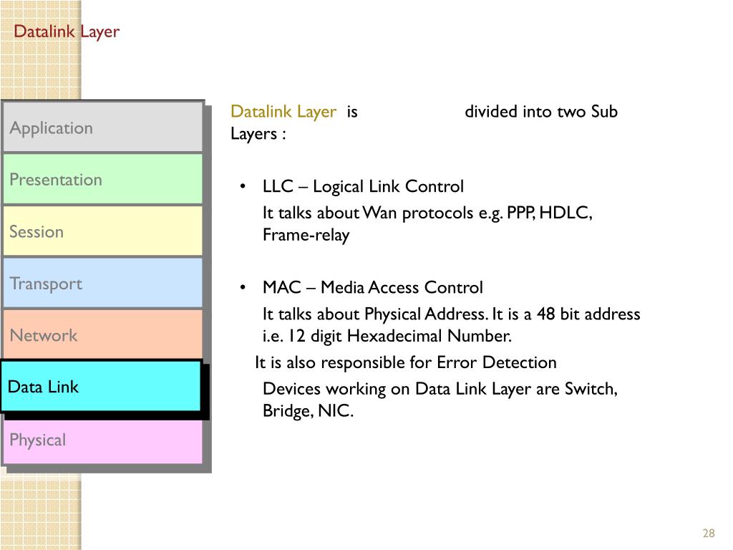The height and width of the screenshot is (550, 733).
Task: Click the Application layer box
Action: (102, 127)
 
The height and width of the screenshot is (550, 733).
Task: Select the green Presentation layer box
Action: (102, 179)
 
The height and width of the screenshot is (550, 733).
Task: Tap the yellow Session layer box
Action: (102, 231)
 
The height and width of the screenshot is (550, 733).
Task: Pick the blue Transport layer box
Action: (102, 283)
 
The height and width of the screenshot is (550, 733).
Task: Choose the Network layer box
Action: (102, 335)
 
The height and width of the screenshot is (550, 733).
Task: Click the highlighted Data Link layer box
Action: (100, 387)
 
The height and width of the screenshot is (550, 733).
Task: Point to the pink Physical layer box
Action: (102, 440)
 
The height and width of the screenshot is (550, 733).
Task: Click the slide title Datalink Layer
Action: (67, 32)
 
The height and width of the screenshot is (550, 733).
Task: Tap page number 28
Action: (709, 534)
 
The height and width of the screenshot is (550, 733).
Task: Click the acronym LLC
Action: (278, 187)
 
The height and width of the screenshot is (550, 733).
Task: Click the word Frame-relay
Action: (306, 236)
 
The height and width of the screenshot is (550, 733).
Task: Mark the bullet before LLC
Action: (243, 187)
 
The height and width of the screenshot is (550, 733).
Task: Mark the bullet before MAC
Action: (243, 288)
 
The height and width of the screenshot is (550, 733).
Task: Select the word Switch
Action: (590, 389)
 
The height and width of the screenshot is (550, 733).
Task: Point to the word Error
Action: (457, 362)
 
